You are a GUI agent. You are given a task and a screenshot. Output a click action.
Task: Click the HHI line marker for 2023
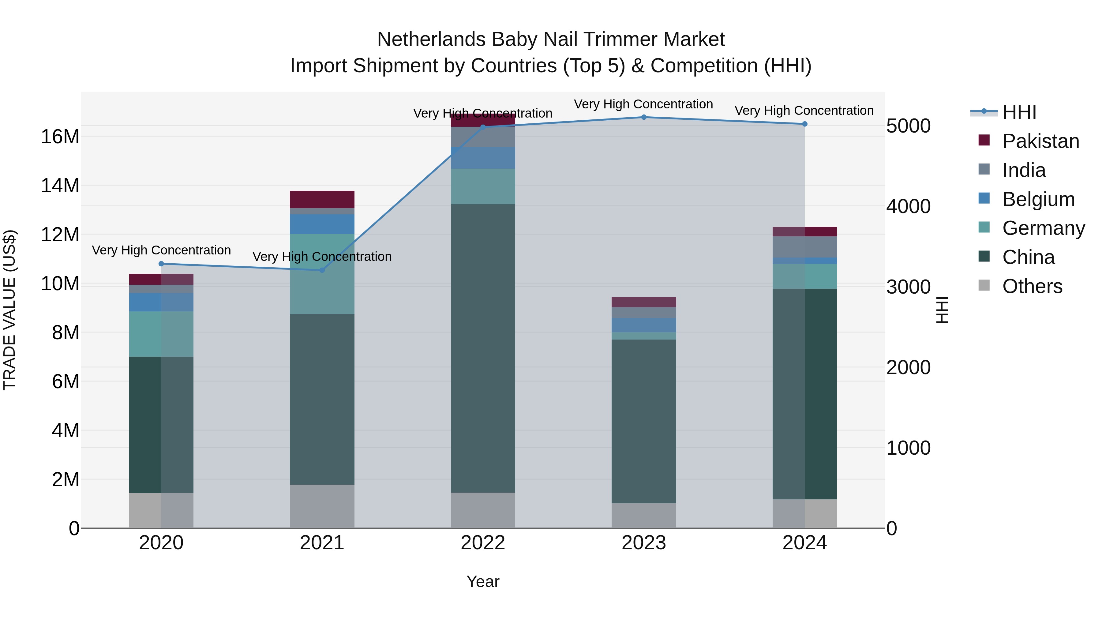pyautogui.click(x=643, y=117)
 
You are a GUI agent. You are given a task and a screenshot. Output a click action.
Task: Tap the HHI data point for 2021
pyautogui.click(x=322, y=270)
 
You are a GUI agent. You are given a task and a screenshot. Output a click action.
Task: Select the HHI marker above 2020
pyautogui.click(x=161, y=264)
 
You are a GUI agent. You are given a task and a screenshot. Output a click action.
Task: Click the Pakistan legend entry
pyautogui.click(x=1040, y=141)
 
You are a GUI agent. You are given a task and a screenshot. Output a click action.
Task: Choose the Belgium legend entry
pyautogui.click(x=1038, y=199)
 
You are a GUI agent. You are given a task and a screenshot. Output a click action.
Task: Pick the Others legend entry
pyautogui.click(x=1032, y=286)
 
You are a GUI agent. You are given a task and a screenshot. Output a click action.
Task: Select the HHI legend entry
pyautogui.click(x=1019, y=112)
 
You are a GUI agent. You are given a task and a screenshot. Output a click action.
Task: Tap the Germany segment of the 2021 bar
pyautogui.click(x=322, y=274)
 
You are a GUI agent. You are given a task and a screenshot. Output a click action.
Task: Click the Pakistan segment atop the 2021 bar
pyautogui.click(x=322, y=199)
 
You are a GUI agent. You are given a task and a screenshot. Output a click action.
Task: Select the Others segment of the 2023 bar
pyautogui.click(x=643, y=515)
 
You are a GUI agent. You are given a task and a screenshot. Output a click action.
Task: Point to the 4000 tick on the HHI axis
pyautogui.click(x=908, y=206)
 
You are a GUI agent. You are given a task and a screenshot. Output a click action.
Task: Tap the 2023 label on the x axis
pyautogui.click(x=643, y=543)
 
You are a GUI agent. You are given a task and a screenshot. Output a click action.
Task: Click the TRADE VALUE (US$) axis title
pyautogui.click(x=9, y=310)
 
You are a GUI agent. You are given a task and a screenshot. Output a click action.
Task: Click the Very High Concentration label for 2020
pyautogui.click(x=161, y=250)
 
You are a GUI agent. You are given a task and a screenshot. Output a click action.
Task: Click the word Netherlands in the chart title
pyautogui.click(x=431, y=39)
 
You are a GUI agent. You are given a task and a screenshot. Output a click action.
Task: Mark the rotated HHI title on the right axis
pyautogui.click(x=942, y=310)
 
